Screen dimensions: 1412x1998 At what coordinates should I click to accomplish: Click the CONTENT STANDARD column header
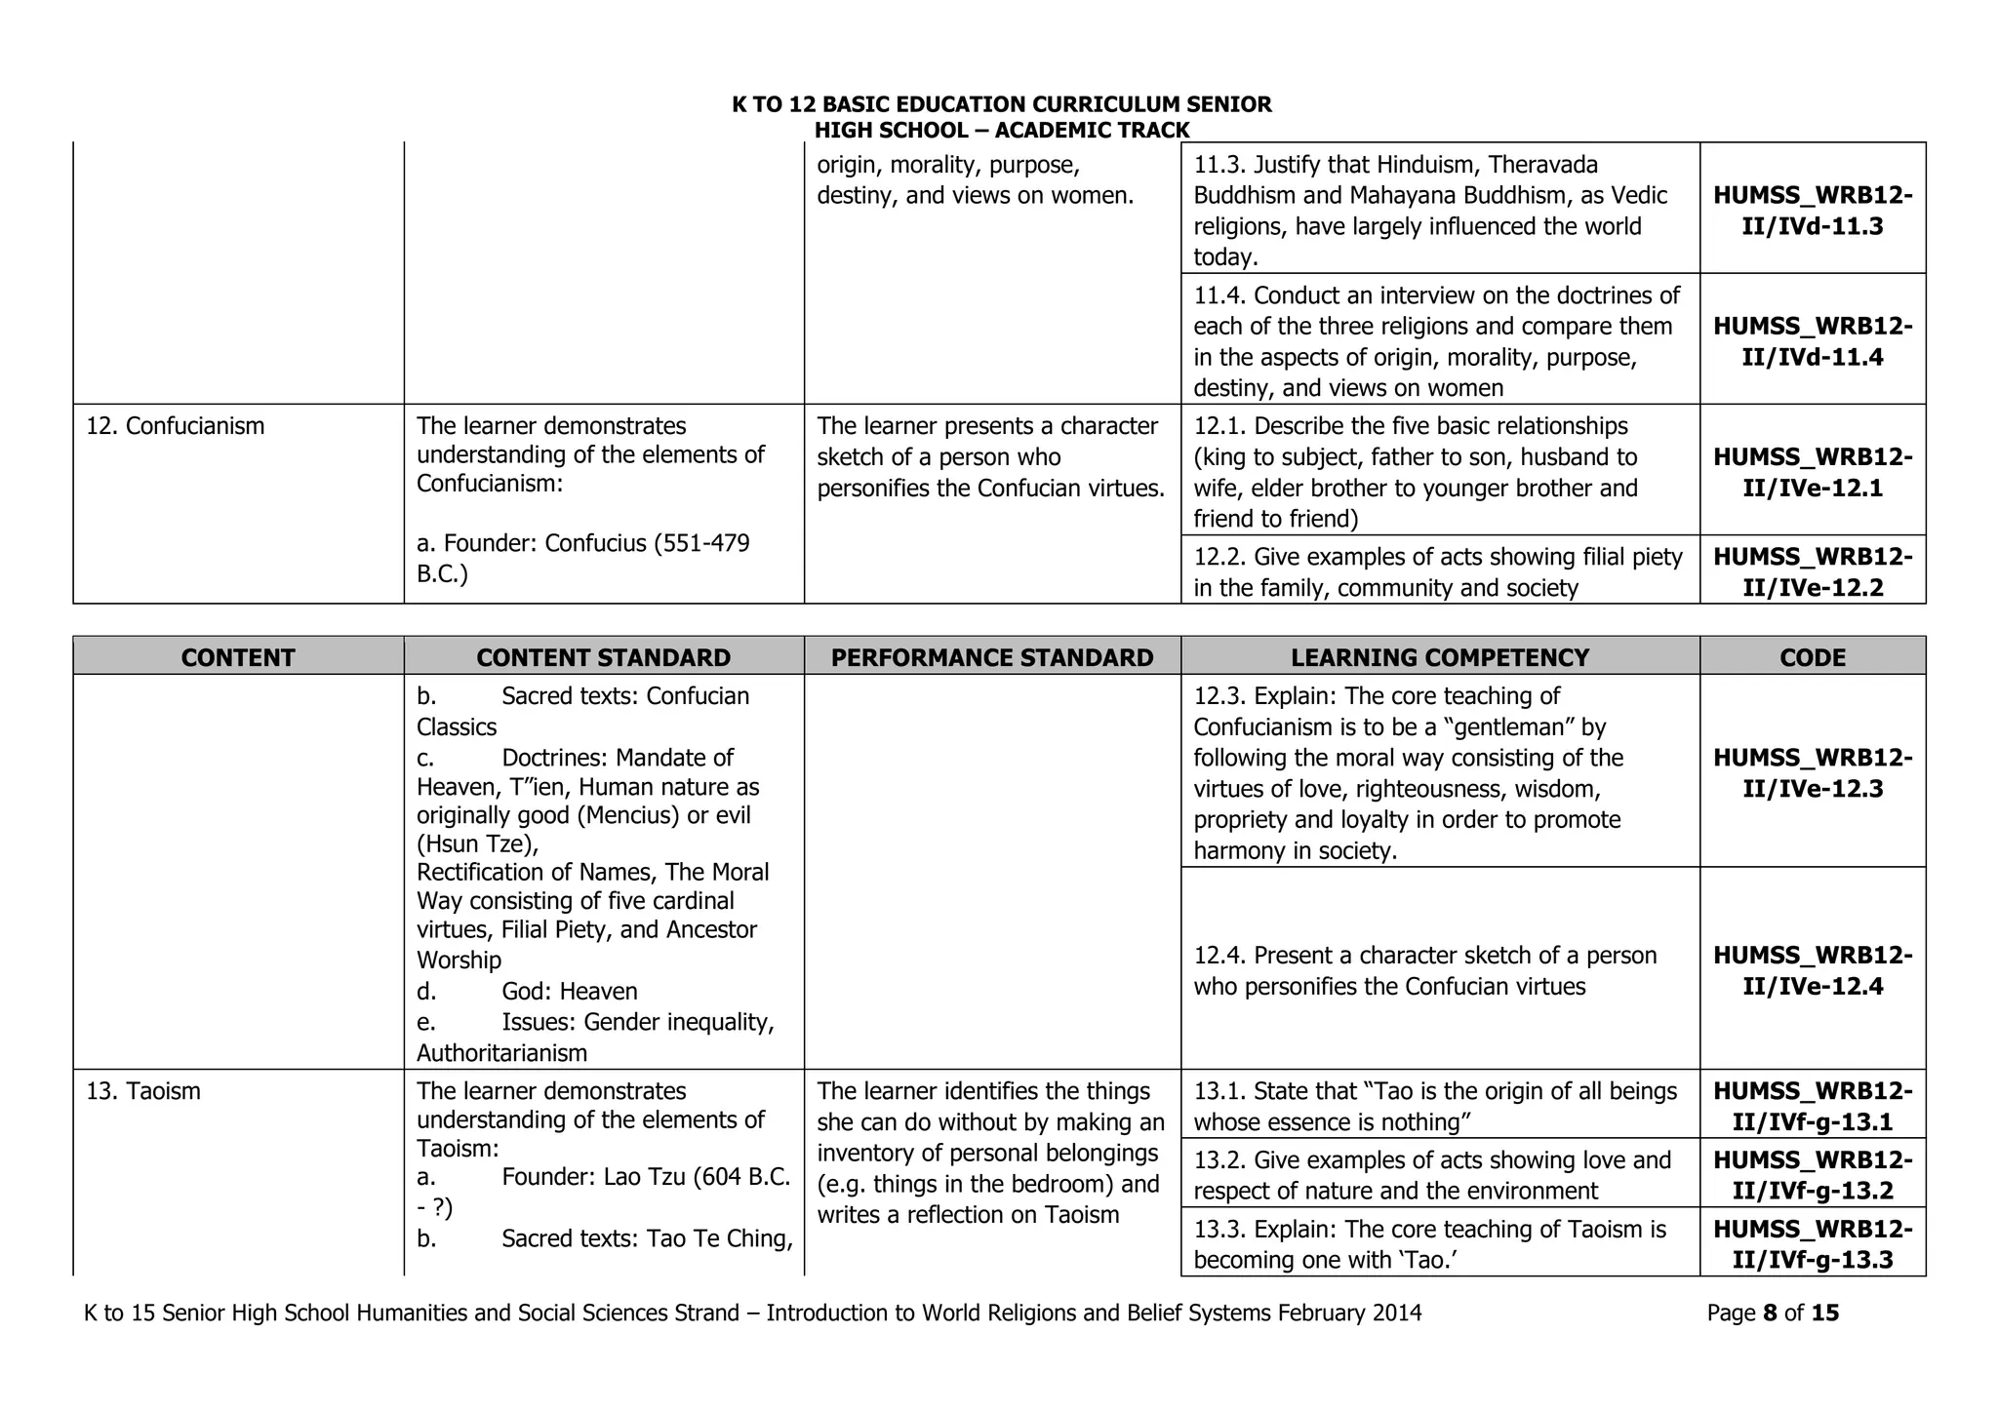[x=603, y=657]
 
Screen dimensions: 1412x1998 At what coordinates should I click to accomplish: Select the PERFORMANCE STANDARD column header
[x=991, y=657]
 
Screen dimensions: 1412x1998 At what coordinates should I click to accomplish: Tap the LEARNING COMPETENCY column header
[x=1440, y=657]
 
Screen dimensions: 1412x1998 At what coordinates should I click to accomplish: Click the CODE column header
[x=1812, y=657]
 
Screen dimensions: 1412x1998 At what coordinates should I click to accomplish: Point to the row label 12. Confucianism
[x=176, y=426]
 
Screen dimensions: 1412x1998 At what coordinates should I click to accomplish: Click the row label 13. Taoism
[x=143, y=1091]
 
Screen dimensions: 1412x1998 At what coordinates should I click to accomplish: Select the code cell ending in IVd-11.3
[x=1812, y=211]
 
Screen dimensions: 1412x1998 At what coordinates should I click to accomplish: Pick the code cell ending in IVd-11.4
[x=1812, y=341]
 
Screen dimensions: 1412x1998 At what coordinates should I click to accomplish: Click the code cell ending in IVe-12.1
[x=1812, y=472]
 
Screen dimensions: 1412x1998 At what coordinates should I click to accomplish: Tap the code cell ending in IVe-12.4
[x=1812, y=970]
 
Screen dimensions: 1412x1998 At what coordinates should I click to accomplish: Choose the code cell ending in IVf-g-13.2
[x=1812, y=1175]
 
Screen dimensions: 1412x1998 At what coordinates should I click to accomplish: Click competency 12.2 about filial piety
[x=1438, y=572]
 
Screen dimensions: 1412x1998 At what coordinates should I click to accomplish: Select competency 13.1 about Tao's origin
[x=1434, y=1107]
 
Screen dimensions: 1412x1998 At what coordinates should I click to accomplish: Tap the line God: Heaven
[x=569, y=992]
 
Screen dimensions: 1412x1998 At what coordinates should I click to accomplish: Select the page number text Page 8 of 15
[x=1772, y=1314]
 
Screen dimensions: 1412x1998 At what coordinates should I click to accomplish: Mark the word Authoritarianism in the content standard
[x=501, y=1053]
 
